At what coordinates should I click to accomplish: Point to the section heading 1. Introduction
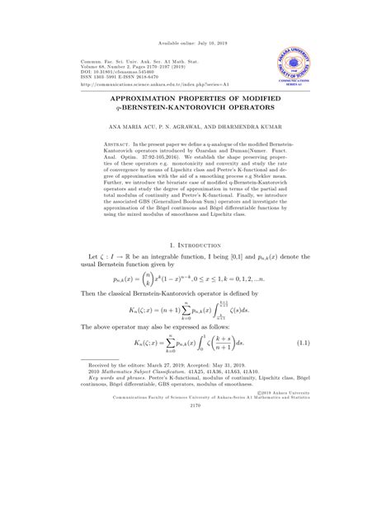click(194, 245)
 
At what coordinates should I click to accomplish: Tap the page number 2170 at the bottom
click(195, 475)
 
